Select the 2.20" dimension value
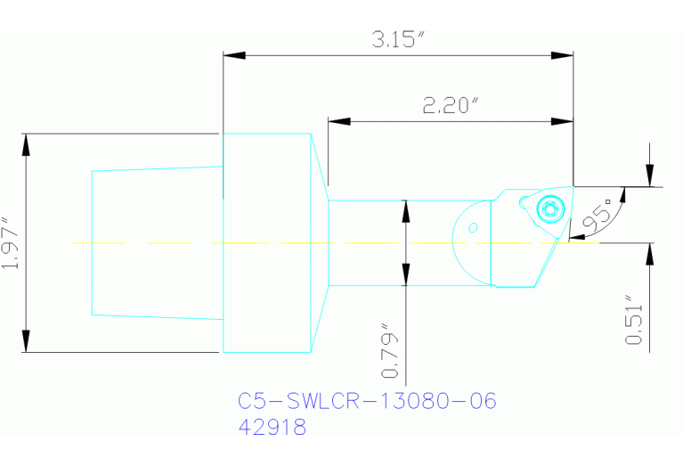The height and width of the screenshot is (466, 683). [451, 105]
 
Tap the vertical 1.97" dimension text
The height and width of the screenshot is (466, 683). [10, 242]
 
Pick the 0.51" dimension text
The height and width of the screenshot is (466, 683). [634, 321]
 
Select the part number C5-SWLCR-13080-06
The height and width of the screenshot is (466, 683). [367, 401]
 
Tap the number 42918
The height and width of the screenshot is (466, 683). [272, 428]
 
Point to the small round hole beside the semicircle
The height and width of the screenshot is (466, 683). [474, 226]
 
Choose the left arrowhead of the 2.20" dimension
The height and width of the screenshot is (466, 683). [339, 121]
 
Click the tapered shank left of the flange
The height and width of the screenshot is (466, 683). [156, 242]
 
